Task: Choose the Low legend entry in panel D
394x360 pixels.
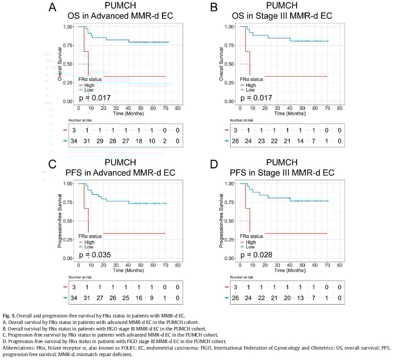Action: pyautogui.click(x=251, y=247)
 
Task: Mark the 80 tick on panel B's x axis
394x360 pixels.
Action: pyautogui.click(x=340, y=108)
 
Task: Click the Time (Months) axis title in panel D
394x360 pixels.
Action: pyautogui.click(x=290, y=270)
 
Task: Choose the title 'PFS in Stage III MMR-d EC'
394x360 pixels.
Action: pyautogui.click(x=281, y=172)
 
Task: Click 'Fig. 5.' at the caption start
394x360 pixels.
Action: pyautogui.click(x=9, y=315)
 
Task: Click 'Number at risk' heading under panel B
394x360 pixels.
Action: pyautogui.click(x=242, y=120)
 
